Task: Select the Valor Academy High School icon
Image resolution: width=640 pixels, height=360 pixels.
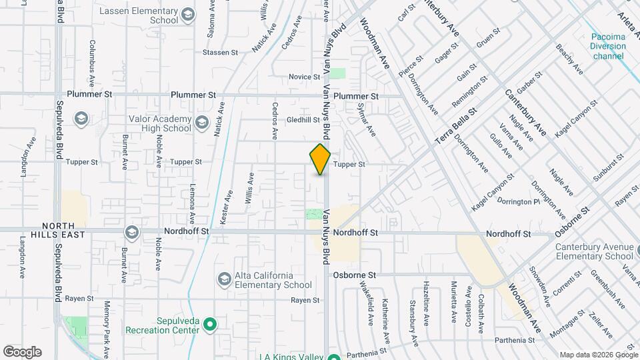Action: click(x=81, y=119)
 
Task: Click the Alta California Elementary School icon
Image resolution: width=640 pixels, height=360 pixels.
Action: click(x=225, y=278)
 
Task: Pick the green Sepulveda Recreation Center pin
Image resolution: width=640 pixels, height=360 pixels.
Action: click(x=211, y=325)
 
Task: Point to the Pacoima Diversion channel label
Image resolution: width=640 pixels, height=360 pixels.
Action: click(x=608, y=47)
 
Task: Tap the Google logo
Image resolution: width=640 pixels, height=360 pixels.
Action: click(x=22, y=352)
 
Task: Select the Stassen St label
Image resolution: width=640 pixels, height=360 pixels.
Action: click(x=220, y=52)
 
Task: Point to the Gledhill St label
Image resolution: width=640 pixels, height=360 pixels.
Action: click(x=303, y=120)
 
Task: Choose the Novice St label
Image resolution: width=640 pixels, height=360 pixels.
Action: click(x=305, y=77)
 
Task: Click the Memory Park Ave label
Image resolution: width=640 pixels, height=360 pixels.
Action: click(x=107, y=329)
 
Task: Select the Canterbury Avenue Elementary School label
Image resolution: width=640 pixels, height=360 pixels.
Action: click(x=594, y=251)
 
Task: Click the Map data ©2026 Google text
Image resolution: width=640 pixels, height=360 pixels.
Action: click(x=598, y=354)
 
